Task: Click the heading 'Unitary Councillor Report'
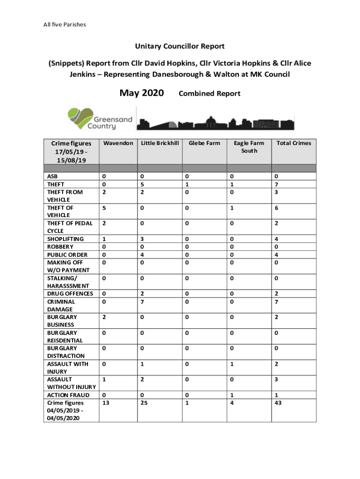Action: [180, 46]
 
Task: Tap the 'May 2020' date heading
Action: [141, 93]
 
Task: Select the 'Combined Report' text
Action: [209, 94]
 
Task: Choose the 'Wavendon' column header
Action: [118, 143]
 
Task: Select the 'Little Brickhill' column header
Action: [160, 143]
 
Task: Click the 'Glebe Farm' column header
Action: [204, 143]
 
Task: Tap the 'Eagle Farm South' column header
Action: [249, 147]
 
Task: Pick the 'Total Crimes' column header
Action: [294, 143]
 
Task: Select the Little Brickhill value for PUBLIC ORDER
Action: [143, 254]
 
